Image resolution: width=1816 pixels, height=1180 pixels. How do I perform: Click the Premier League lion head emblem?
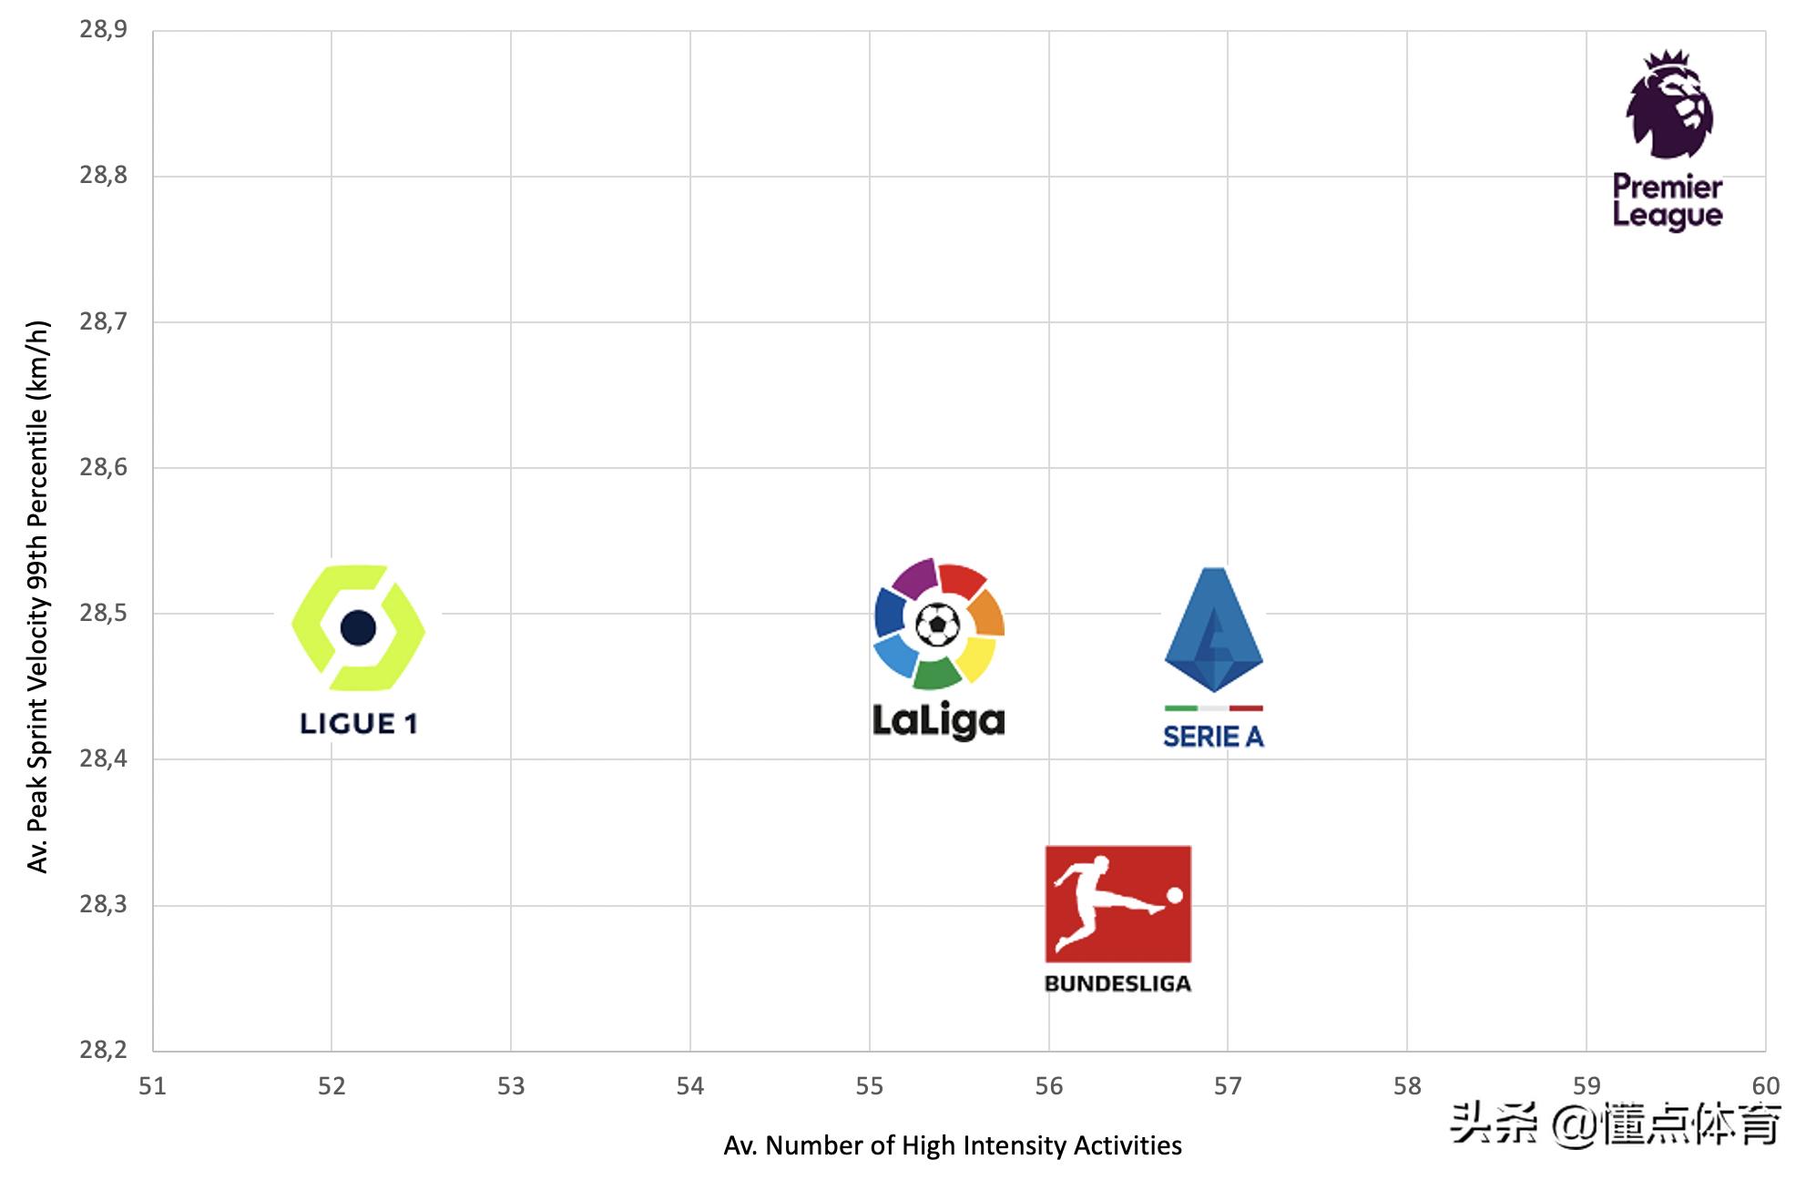[x=1669, y=105]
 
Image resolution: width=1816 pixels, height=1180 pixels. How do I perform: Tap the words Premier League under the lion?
[x=1668, y=201]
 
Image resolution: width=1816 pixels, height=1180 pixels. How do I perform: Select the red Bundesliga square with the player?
[x=1117, y=903]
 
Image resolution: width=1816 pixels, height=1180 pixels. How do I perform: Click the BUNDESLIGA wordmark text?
[x=1117, y=984]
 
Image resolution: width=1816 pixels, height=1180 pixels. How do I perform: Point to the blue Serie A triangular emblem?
[x=1213, y=630]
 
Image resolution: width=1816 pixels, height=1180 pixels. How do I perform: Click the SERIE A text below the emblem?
[x=1213, y=737]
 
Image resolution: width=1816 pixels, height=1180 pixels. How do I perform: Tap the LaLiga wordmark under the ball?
[x=938, y=721]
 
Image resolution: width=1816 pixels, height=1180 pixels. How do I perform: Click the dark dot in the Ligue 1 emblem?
[x=358, y=627]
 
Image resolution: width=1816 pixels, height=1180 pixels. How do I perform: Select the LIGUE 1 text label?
[x=358, y=724]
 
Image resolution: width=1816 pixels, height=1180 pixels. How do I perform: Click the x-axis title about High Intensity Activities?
[x=952, y=1145]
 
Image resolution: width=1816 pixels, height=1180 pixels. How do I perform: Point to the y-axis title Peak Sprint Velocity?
[x=37, y=596]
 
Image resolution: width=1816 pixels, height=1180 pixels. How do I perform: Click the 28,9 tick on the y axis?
[x=103, y=30]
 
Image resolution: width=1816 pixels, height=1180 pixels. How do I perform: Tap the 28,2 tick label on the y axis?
[x=103, y=1051]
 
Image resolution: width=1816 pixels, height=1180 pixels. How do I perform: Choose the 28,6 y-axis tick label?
[x=103, y=468]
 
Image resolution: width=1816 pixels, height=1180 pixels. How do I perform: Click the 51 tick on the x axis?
[x=152, y=1086]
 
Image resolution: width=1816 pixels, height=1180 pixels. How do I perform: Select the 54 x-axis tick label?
[x=689, y=1086]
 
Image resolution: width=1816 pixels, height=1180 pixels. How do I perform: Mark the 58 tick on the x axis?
[x=1406, y=1086]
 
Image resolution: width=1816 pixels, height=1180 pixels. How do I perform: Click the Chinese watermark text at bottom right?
[x=1615, y=1123]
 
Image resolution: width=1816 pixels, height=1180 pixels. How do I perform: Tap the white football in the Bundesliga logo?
[x=1175, y=896]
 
